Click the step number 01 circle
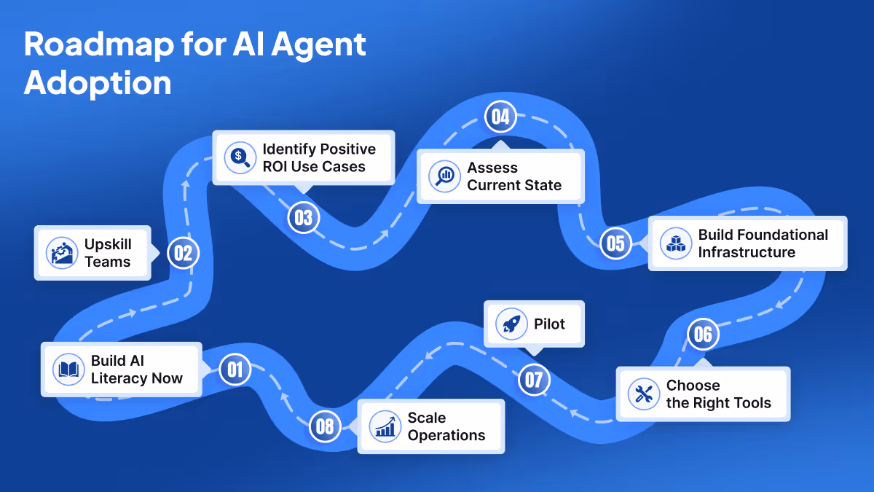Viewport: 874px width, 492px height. pyautogui.click(x=235, y=370)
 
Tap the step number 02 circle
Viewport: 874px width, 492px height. pyautogui.click(x=183, y=253)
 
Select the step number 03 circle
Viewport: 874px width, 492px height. pyautogui.click(x=303, y=217)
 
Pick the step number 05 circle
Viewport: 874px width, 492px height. pyautogui.click(x=615, y=243)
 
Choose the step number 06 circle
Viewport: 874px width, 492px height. pyautogui.click(x=703, y=335)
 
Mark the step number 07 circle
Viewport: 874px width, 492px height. pyautogui.click(x=534, y=379)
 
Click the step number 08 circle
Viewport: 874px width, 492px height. pyautogui.click(x=325, y=426)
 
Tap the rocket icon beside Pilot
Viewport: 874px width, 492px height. pyautogui.click(x=511, y=324)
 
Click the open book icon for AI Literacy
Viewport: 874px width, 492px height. pyautogui.click(x=69, y=370)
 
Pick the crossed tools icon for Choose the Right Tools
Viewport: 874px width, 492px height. pyautogui.click(x=644, y=394)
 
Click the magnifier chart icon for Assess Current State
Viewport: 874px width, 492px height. pyautogui.click(x=444, y=176)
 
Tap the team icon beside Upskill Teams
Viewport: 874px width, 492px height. pyautogui.click(x=61, y=253)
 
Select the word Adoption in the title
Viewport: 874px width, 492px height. pyautogui.click(x=98, y=83)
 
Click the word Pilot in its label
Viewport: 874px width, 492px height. pyautogui.click(x=549, y=324)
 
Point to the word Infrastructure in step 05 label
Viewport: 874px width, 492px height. pyautogui.click(x=747, y=252)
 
